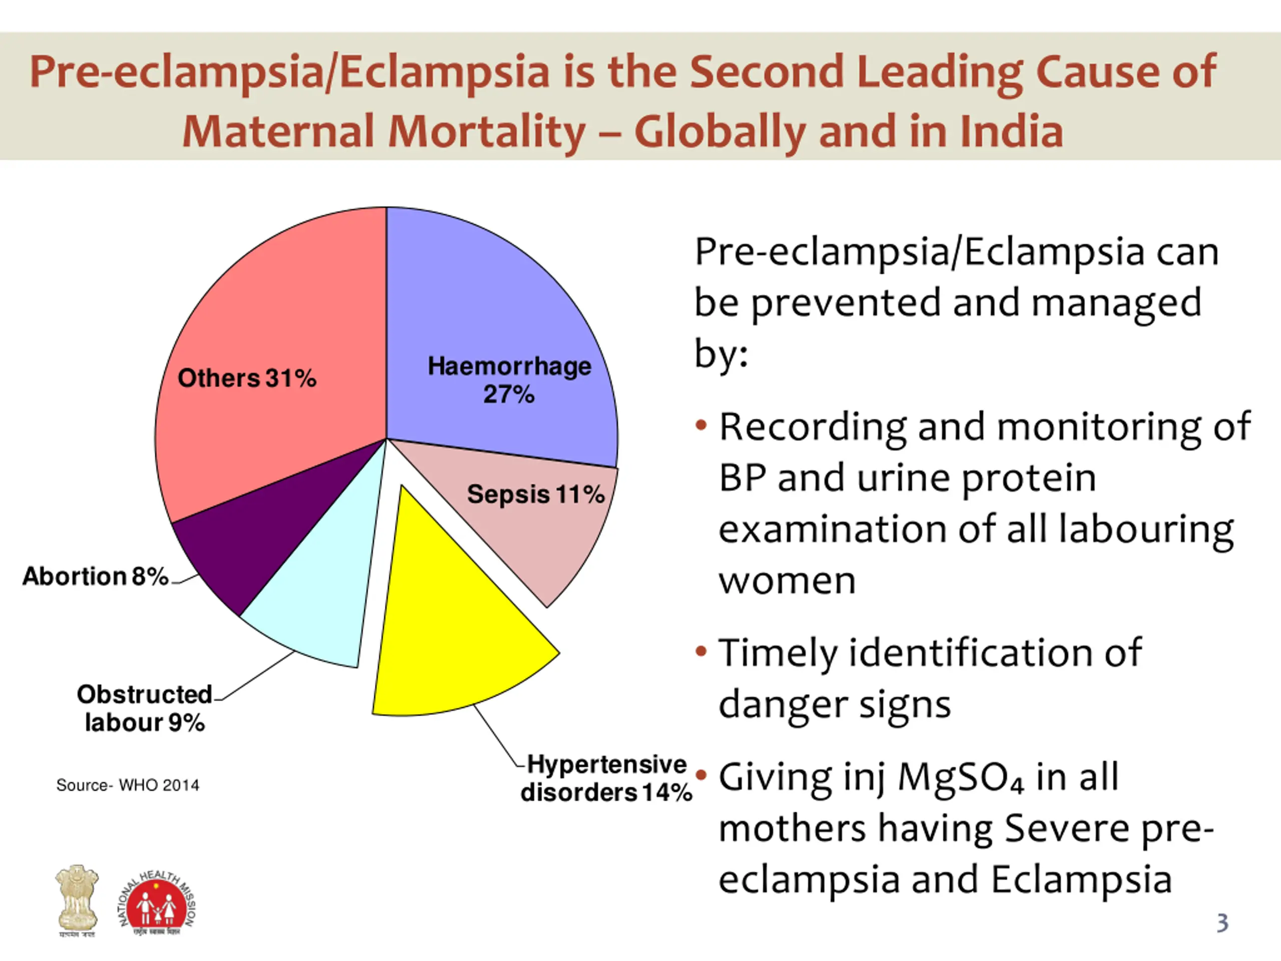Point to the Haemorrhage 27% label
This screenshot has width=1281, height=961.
(x=509, y=380)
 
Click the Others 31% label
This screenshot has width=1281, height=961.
(x=247, y=378)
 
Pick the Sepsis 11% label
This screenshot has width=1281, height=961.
(x=536, y=494)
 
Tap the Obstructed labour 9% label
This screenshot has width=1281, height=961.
(x=145, y=708)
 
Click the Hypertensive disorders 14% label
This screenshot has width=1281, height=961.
(x=606, y=778)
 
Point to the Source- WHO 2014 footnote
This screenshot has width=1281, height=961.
(x=128, y=785)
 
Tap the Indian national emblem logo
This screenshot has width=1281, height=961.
(x=77, y=899)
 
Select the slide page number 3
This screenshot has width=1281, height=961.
(x=1222, y=922)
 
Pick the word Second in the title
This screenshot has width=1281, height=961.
(x=767, y=72)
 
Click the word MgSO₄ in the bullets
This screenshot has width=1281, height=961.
(x=961, y=777)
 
